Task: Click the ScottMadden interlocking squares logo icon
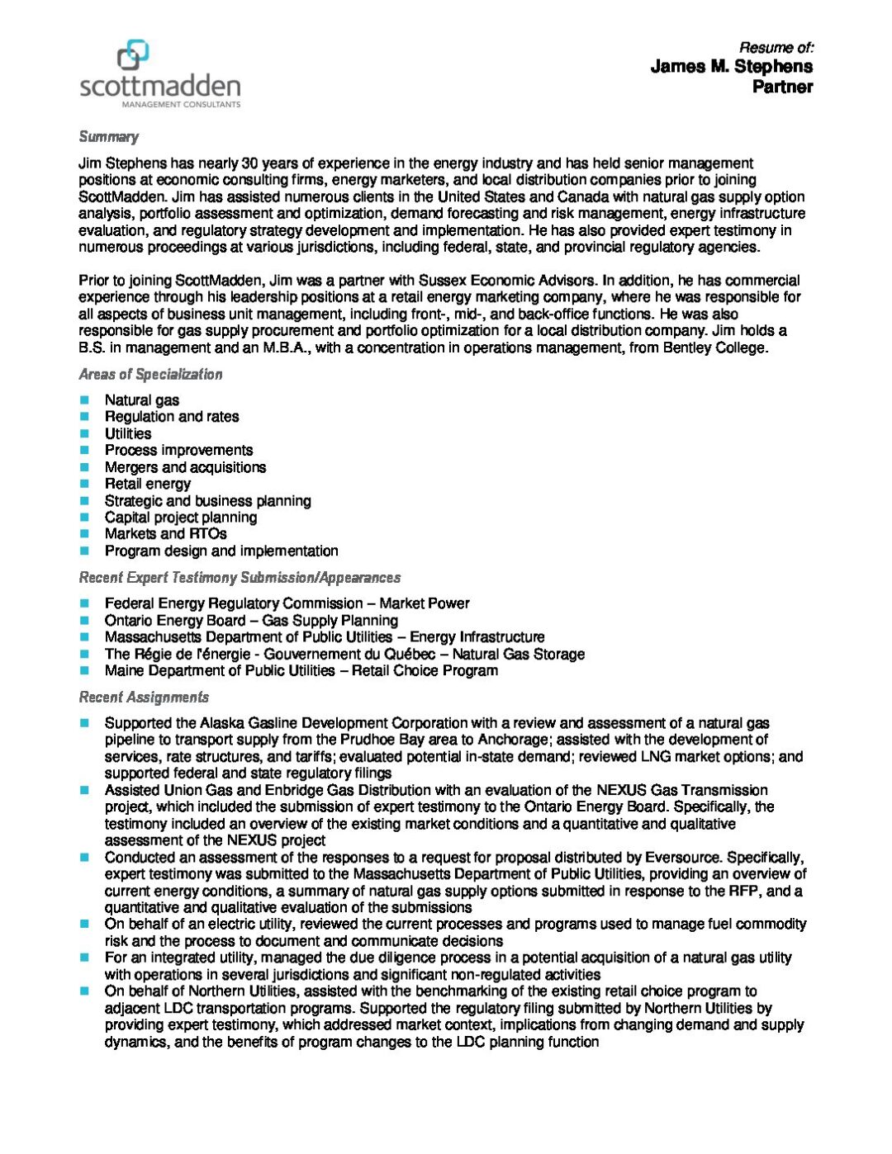pyautogui.click(x=133, y=55)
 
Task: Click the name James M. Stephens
pyautogui.click(x=731, y=67)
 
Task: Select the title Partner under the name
pyautogui.click(x=782, y=87)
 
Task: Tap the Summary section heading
pyautogui.click(x=108, y=137)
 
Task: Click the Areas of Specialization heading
pyautogui.click(x=150, y=374)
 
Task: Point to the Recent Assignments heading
pyautogui.click(x=144, y=698)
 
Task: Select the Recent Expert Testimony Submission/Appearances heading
pyautogui.click(x=240, y=578)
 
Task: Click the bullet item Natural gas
pyautogui.click(x=141, y=400)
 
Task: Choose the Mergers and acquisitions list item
pyautogui.click(x=185, y=467)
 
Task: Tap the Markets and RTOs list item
pyautogui.click(x=165, y=534)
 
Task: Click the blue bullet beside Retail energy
pyautogui.click(x=84, y=484)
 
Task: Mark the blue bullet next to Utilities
pyautogui.click(x=84, y=433)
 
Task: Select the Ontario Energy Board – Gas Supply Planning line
pyautogui.click(x=251, y=621)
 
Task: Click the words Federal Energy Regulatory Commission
pyautogui.click(x=234, y=603)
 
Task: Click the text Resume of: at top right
pyautogui.click(x=776, y=48)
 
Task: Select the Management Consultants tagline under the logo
pyautogui.click(x=181, y=105)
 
